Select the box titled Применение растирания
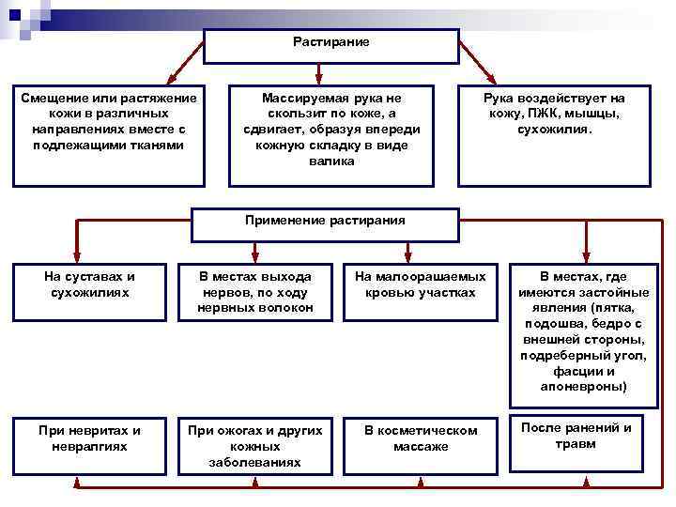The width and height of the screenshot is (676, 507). point(325,223)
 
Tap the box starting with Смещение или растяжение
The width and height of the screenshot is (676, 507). point(108,136)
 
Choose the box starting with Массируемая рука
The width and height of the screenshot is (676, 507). point(330,136)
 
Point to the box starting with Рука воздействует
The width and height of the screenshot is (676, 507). point(554,136)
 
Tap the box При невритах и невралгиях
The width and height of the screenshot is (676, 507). point(89,443)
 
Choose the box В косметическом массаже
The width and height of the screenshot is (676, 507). point(420,443)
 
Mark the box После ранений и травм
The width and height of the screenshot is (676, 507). point(576,441)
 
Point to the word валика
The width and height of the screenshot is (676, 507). point(331,161)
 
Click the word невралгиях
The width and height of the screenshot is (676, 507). point(90,446)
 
